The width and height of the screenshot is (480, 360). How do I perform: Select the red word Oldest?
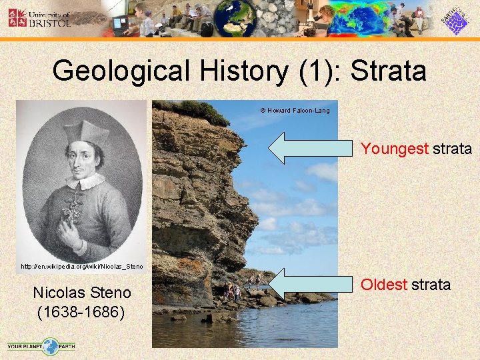384,285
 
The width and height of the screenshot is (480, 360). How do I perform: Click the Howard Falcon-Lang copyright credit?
294,111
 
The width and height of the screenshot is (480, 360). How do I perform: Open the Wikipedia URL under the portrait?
82,266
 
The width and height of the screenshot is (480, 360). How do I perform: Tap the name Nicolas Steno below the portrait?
82,293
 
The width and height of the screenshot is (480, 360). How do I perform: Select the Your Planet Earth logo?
41,346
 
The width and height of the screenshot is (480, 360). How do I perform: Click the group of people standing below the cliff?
233,291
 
